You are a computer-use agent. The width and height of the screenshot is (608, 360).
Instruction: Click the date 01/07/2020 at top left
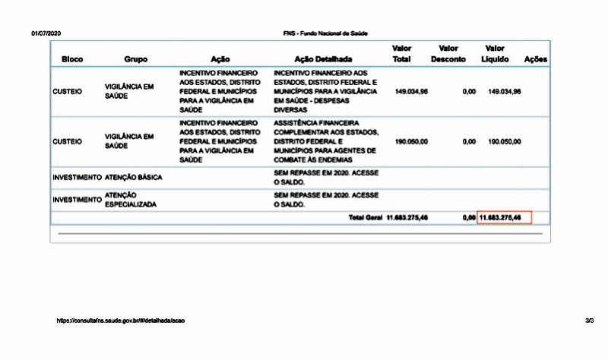(45, 34)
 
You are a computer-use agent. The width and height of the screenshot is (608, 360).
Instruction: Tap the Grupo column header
(136, 59)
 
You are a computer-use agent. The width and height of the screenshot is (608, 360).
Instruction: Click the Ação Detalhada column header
(322, 59)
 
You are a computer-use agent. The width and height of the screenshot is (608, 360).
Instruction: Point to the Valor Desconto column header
(448, 54)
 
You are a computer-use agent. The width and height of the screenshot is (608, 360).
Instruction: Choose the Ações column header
(536, 59)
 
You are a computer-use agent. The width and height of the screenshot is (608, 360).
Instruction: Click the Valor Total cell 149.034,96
(411, 91)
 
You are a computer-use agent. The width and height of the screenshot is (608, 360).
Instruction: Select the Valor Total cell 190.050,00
(411, 141)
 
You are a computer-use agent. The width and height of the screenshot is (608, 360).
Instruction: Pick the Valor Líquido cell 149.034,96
(504, 91)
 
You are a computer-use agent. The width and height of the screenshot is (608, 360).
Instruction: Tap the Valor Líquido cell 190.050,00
(504, 141)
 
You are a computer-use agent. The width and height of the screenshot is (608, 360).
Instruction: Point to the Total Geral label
(366, 218)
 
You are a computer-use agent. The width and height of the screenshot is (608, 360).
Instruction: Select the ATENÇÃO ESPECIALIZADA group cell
(134, 199)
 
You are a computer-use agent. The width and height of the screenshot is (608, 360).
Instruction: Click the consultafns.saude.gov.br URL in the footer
(121, 321)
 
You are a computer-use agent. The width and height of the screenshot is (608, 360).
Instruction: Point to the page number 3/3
(590, 321)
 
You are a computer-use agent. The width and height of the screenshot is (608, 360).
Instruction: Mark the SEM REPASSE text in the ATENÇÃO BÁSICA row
(325, 177)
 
